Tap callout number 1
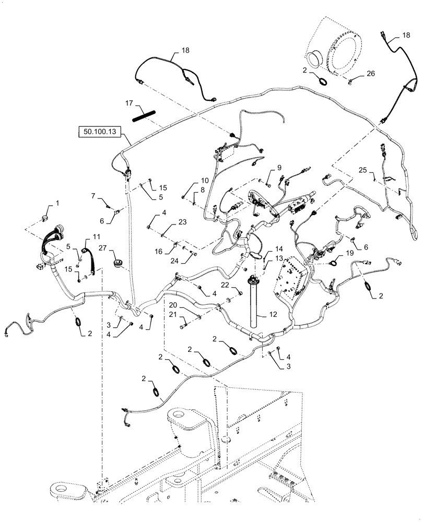point(58,203)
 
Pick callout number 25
point(363,170)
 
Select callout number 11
point(96,237)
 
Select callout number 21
point(172,314)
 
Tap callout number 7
point(94,196)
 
